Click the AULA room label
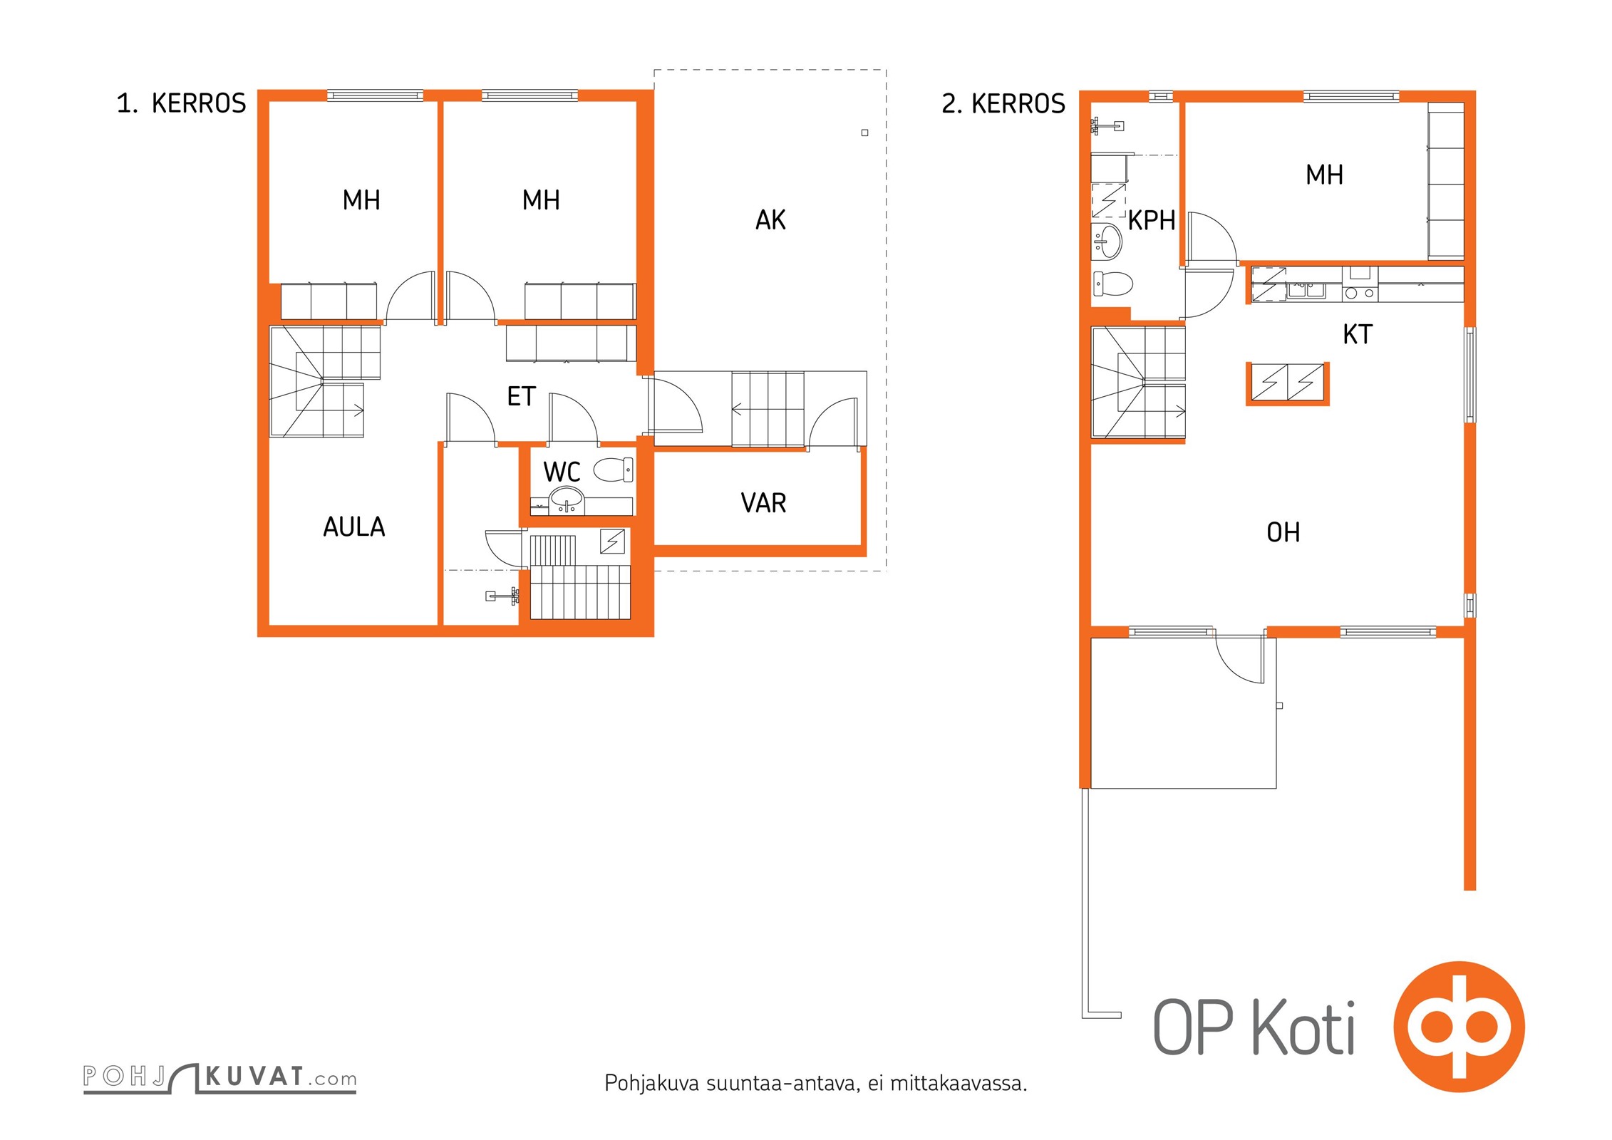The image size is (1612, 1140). point(354,527)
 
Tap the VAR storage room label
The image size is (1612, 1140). point(763,503)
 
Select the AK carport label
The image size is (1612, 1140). point(770,220)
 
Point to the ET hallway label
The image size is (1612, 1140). point(521,397)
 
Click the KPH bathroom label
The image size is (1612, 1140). point(1151,221)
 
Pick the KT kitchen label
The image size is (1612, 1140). point(1357,334)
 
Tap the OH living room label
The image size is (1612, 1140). point(1283,532)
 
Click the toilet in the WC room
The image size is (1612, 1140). point(613,470)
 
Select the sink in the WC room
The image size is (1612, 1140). point(567,500)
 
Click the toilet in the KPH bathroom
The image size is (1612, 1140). point(1112,284)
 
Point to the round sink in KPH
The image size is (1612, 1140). point(1107,241)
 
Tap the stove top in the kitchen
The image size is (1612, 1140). point(1360,292)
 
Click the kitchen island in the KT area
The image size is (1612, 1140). point(1288,383)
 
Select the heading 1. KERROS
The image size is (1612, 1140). point(181,103)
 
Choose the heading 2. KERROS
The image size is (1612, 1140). point(1003,103)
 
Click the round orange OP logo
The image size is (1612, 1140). point(1459,1027)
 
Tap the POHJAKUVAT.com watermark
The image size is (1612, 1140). point(219,1077)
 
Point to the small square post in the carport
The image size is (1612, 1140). point(864,133)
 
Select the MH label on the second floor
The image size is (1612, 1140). point(1324,175)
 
